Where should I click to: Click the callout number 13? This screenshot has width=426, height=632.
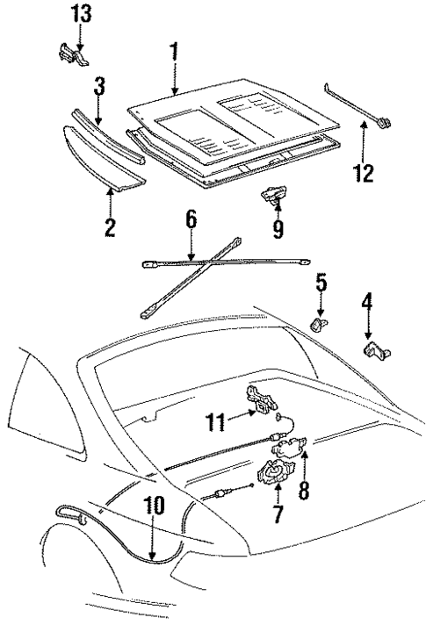click(80, 15)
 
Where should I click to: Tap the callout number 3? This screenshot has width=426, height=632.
click(100, 89)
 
